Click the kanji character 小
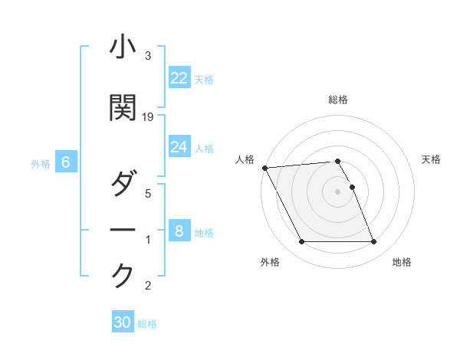click(123, 47)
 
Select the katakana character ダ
click(123, 184)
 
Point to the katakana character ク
click(123, 276)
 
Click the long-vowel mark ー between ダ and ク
click(123, 230)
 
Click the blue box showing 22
click(179, 78)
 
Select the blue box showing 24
click(179, 147)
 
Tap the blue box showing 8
click(179, 231)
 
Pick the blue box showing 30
click(123, 322)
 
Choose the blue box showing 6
click(66, 162)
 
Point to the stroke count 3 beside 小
click(148, 56)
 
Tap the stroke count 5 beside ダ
click(148, 194)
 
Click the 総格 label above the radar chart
click(338, 100)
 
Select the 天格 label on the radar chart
click(432, 159)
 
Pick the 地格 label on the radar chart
click(402, 263)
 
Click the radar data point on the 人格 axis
click(264, 168)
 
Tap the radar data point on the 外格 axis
click(301, 242)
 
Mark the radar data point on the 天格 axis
click(352, 187)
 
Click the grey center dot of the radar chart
click(338, 191)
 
